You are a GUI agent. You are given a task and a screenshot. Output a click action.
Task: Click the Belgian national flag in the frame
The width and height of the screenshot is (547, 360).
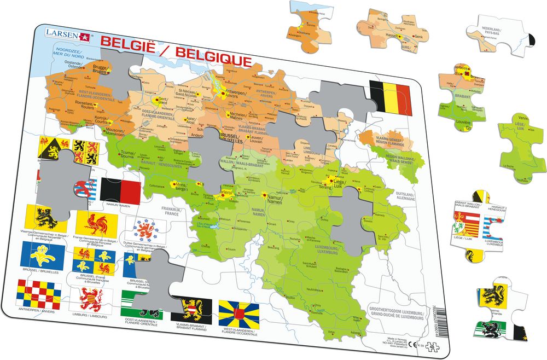click(389, 97)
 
